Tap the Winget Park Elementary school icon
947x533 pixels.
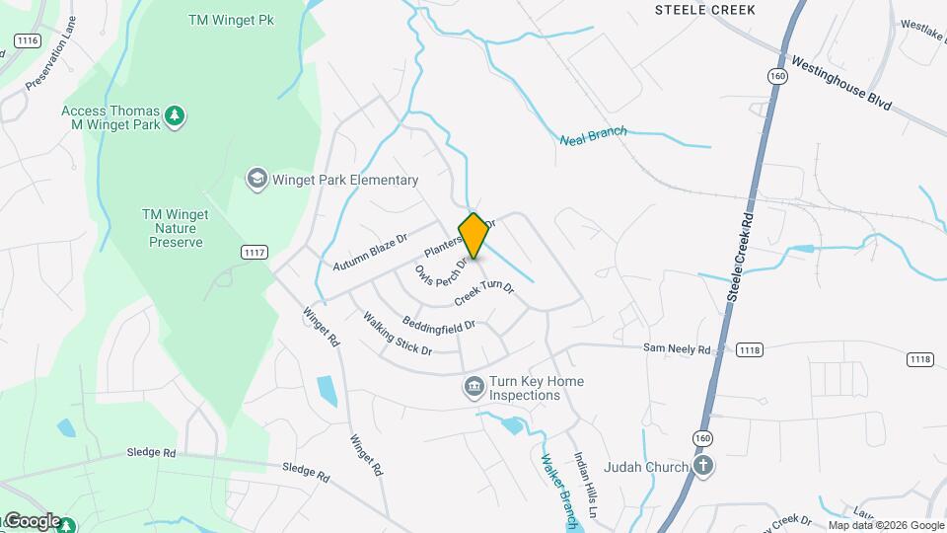tap(256, 179)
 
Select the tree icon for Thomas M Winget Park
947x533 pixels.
tap(175, 116)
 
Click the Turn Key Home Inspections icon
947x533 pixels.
tap(473, 387)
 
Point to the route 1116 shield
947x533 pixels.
tap(27, 40)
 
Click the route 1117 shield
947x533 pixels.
tap(255, 253)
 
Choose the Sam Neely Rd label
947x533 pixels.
tap(676, 349)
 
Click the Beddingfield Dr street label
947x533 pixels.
tap(439, 323)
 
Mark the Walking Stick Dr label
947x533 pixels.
tap(397, 334)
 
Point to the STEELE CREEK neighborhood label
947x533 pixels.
tap(704, 10)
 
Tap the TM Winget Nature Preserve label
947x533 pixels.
tap(173, 228)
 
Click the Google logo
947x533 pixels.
tap(32, 521)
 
